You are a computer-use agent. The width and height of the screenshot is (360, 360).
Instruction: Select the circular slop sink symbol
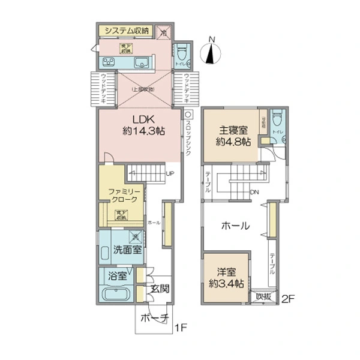[x=188, y=113]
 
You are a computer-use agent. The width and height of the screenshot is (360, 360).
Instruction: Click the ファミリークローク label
[x=123, y=195]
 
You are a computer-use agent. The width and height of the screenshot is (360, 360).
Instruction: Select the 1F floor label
[x=181, y=328]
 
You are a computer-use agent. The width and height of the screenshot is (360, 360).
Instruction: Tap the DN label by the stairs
[x=254, y=193]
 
